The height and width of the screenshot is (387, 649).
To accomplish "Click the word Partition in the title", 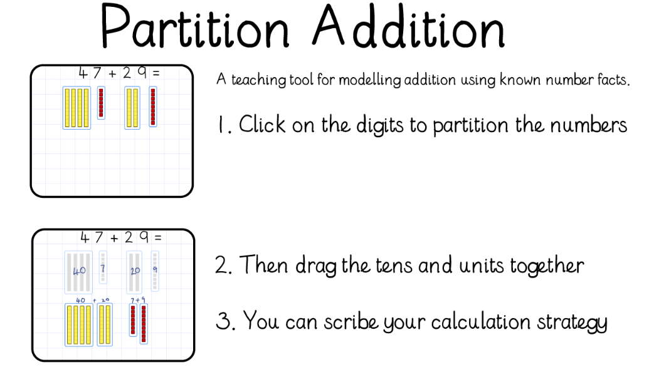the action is click(x=194, y=27).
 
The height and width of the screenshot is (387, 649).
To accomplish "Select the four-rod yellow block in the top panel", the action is click(x=77, y=108).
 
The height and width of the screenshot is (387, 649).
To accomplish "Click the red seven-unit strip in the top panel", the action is click(x=101, y=103).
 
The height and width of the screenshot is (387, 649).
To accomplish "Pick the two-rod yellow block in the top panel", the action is click(x=132, y=108).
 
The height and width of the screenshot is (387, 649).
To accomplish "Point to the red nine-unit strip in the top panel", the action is click(x=153, y=106).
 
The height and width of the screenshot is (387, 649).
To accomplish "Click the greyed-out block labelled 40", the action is click(x=78, y=272).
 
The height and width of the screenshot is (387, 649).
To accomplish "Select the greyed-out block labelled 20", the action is click(x=134, y=272).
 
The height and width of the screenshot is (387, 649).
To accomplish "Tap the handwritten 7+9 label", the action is click(x=138, y=300).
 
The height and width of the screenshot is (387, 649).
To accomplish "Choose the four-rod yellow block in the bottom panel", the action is click(x=78, y=324).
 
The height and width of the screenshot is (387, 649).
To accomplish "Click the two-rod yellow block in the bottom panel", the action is click(x=105, y=324).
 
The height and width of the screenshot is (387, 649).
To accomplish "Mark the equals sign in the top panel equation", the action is click(x=156, y=74).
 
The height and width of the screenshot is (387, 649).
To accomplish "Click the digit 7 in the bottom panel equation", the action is click(x=98, y=237).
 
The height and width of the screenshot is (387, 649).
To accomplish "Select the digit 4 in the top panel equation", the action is click(x=83, y=73).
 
